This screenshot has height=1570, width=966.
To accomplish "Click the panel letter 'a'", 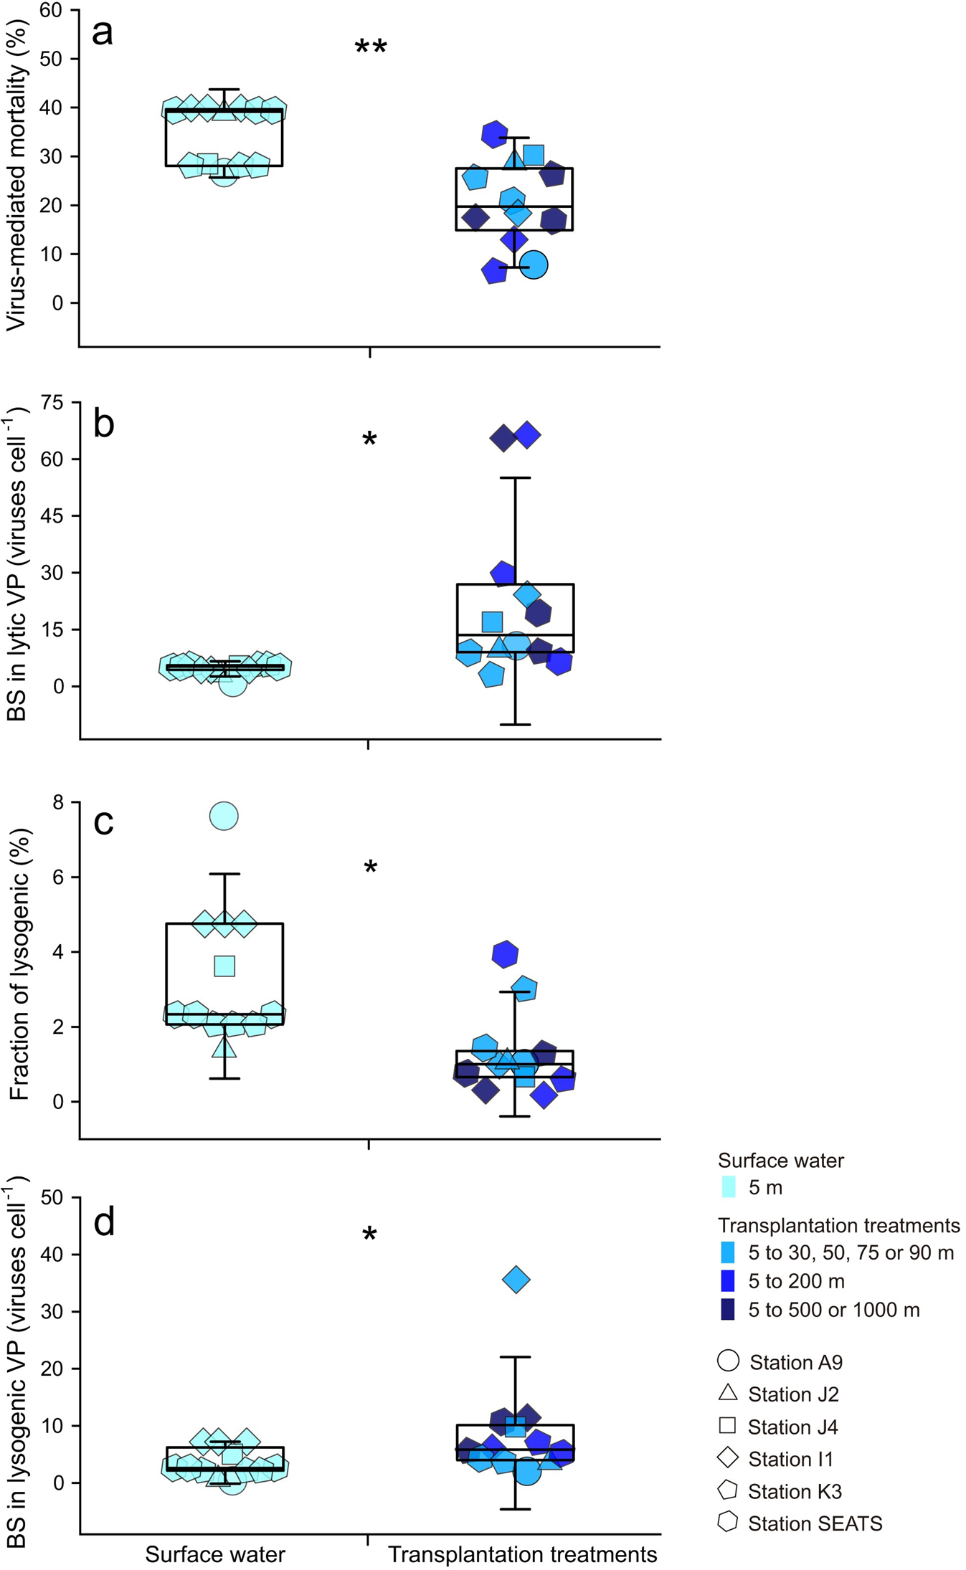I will (x=103, y=33).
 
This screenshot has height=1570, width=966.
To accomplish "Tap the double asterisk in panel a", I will (x=371, y=48).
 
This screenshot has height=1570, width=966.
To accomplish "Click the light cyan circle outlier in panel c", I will (x=224, y=816).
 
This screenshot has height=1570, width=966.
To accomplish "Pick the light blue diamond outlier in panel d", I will (x=516, y=1279).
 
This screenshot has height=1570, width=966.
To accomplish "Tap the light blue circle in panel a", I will (x=534, y=265).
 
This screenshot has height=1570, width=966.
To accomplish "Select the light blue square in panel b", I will (x=492, y=622).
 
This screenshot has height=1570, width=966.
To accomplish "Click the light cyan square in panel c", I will (x=224, y=966).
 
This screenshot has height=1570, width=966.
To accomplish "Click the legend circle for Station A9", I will (x=728, y=1361).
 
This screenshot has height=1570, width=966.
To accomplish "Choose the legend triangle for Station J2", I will (x=728, y=1392).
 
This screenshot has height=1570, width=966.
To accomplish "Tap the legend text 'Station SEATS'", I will (x=815, y=1523).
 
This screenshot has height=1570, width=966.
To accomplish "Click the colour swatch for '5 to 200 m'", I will (x=728, y=1280).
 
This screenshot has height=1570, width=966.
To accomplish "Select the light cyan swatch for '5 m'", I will (x=728, y=1187).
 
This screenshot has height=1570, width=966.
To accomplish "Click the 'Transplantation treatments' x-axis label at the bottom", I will (x=522, y=1554).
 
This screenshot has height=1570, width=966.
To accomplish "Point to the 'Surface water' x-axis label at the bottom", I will (x=215, y=1554).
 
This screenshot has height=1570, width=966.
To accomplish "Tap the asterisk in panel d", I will (x=369, y=1235).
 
